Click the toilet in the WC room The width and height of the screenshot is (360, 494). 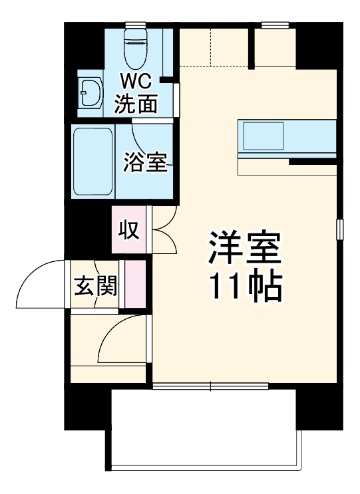[135, 45]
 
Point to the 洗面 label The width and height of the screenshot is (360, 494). [136, 104]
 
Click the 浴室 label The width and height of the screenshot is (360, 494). [144, 163]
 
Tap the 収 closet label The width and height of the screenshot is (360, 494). [128, 230]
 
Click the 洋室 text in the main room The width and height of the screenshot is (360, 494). [245, 250]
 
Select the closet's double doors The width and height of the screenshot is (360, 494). [164, 230]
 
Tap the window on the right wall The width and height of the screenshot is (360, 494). [339, 229]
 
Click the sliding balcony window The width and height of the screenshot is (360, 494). [210, 386]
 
